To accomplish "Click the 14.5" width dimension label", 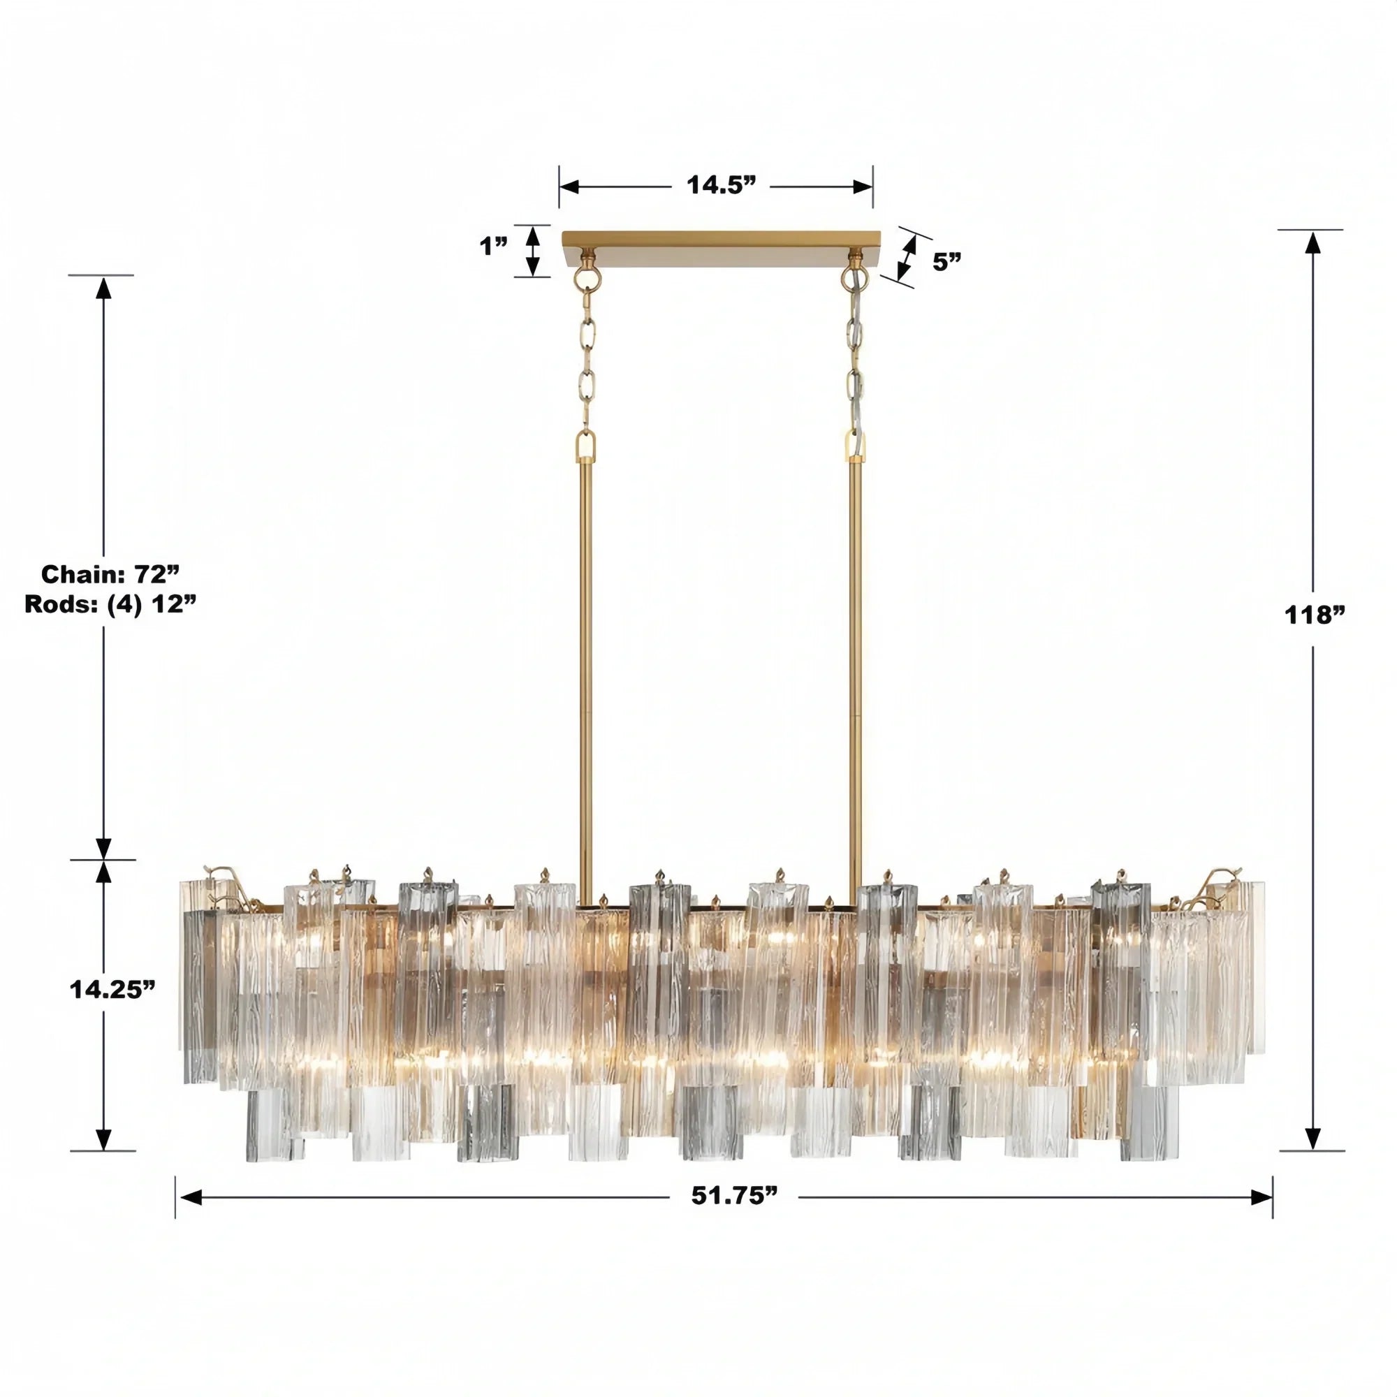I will (720, 186).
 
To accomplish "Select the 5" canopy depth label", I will (946, 262).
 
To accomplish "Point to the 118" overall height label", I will (1314, 615).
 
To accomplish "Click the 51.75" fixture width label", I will (734, 1196).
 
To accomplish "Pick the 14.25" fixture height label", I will (112, 989).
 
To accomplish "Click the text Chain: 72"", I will (109, 574).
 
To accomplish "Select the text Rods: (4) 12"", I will (110, 604).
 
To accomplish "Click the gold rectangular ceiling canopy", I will (722, 249).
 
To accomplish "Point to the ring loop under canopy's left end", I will (587, 279).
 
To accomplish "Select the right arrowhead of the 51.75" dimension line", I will (1261, 1197).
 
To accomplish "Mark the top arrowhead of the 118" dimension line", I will (1312, 244).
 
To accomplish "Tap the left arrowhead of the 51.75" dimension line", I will (190, 1197).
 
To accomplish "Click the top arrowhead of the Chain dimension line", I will (103, 288).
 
